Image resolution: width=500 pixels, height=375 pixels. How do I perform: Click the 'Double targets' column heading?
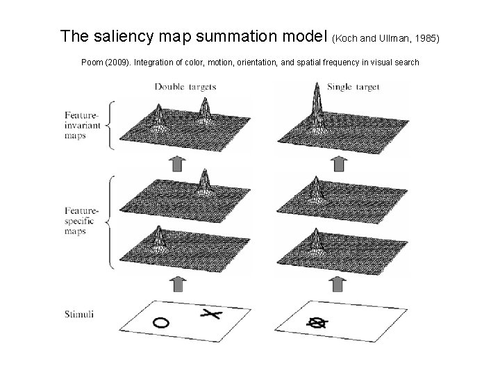(185, 87)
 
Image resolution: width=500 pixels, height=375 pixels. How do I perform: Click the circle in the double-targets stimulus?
(160, 322)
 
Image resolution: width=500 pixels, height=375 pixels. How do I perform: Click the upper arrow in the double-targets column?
(178, 163)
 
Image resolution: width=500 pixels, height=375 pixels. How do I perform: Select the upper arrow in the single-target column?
(339, 163)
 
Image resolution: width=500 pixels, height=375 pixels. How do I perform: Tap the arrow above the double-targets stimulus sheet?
(178, 283)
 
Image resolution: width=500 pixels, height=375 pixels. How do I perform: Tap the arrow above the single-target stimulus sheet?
(339, 283)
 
